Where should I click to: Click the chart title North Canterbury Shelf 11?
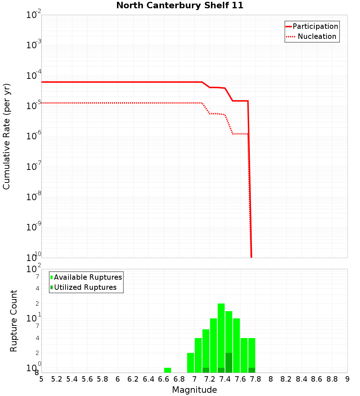click(180, 6)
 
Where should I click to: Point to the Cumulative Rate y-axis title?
click(6, 136)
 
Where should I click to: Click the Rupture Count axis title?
click(14, 321)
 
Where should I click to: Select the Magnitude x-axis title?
click(194, 390)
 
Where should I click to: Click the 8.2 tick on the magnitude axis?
click(286, 379)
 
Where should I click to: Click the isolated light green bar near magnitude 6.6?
click(167, 370)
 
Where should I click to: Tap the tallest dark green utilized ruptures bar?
click(229, 363)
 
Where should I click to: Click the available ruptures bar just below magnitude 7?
click(190, 363)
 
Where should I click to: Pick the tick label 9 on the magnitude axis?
click(347, 379)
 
